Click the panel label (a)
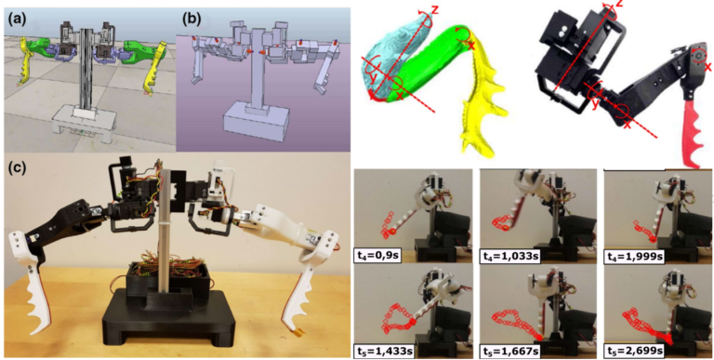tap(15, 16)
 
